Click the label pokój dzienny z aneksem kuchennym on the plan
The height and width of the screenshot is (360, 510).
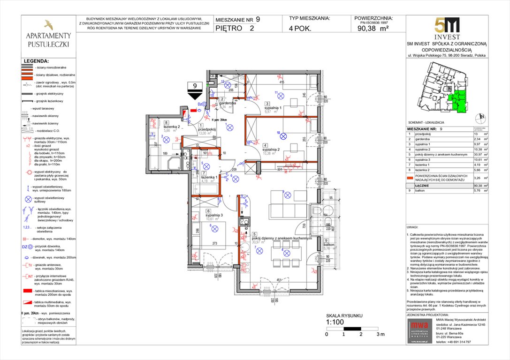point(282,238)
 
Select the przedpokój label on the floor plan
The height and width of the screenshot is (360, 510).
point(206,129)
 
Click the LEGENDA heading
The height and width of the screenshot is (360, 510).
point(36,61)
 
